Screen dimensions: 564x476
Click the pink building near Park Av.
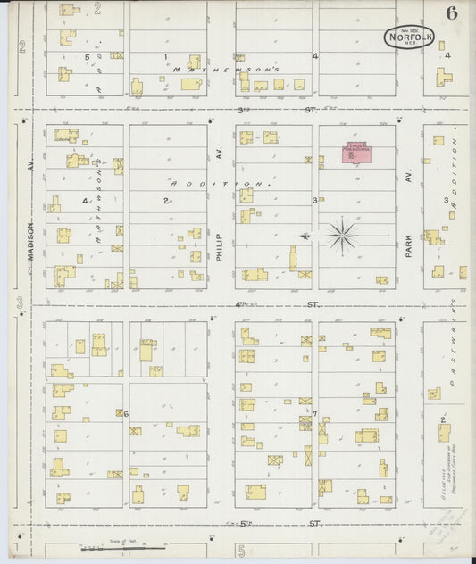(x=355, y=152)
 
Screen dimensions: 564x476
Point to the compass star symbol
(x=341, y=236)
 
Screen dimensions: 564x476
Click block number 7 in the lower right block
(x=315, y=413)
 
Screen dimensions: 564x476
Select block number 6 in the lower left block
(x=127, y=414)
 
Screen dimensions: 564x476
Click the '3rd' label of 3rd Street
(x=241, y=110)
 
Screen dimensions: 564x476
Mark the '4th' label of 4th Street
(x=241, y=305)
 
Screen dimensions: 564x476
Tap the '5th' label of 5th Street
(x=241, y=523)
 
